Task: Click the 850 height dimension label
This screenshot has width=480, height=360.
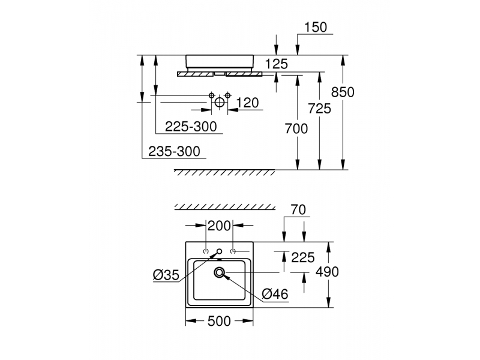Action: tap(343, 92)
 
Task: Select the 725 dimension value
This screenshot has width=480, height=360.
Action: tap(319, 109)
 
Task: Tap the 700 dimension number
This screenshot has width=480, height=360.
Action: tap(296, 128)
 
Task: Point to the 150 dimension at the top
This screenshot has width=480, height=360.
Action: tap(316, 27)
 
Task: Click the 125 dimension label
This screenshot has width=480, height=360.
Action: tap(277, 64)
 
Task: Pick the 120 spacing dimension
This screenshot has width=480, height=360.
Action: tap(247, 103)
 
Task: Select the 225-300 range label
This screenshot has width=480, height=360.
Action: tap(191, 126)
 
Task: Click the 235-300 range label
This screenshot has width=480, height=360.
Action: tap(174, 151)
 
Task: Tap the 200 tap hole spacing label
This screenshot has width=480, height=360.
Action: tap(219, 226)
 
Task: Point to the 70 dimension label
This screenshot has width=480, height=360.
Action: tap(298, 209)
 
